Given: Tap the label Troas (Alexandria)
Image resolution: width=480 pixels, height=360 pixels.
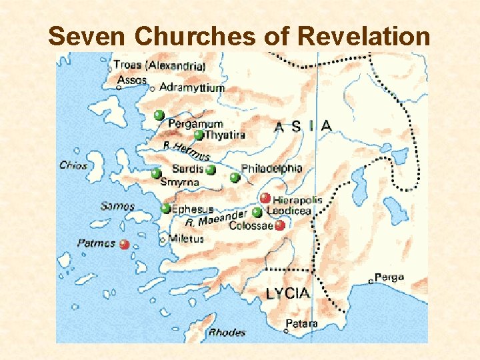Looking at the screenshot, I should click(159, 65).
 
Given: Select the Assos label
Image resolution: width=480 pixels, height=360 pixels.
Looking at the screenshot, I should click(132, 80).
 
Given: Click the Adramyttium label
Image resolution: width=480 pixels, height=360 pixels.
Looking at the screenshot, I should click(191, 87).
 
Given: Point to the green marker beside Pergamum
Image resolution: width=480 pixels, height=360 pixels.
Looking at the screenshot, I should click(159, 115).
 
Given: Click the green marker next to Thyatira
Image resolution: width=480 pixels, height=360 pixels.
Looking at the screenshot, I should click(198, 135).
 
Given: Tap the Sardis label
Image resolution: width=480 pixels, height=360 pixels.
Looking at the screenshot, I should click(188, 169).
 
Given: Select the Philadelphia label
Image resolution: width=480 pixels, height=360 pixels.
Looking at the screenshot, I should click(272, 169).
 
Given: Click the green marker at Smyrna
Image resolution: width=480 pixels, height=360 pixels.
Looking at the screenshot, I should click(155, 174).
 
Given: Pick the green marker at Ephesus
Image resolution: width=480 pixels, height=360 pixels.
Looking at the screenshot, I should click(165, 209).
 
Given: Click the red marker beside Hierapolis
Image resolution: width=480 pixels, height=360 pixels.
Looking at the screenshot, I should click(265, 198).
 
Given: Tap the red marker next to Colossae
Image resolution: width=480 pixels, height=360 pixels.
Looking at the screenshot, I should click(280, 225).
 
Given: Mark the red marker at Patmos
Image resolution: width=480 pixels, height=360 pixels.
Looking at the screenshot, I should click(124, 245).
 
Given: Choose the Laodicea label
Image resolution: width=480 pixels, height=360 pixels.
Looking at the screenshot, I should click(289, 211).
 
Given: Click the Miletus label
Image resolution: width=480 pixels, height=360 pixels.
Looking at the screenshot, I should click(186, 239).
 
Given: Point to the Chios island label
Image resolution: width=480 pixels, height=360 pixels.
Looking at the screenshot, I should click(73, 165).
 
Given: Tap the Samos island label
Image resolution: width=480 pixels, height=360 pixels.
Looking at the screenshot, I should click(117, 207).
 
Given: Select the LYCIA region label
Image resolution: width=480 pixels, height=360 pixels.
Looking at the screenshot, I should click(287, 293).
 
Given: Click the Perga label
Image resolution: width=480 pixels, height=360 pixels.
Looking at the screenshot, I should click(389, 277).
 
